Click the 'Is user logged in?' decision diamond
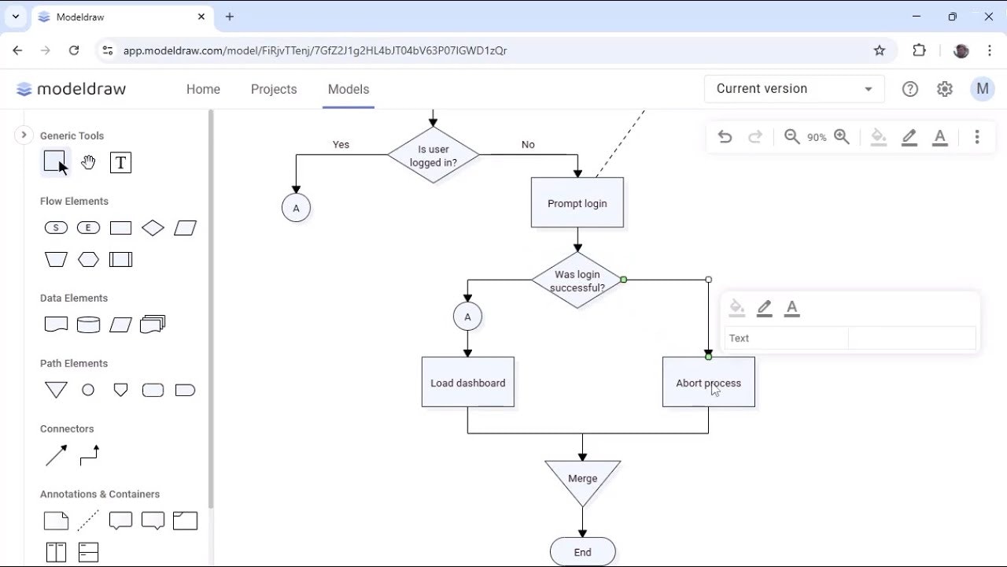point(433,155)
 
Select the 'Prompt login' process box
point(577,203)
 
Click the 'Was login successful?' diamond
point(577,280)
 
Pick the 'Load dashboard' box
point(467,383)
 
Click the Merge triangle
point(582,479)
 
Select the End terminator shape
point(582,552)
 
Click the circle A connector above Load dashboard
point(467,317)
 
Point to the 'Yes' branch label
point(341,145)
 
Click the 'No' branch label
point(528,145)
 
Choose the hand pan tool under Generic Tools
point(88,163)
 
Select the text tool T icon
point(120,163)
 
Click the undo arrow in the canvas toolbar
point(725,137)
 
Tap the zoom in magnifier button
point(842,137)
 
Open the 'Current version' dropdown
point(794,89)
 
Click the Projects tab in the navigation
point(274,89)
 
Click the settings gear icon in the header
point(945,89)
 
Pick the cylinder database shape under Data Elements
point(88,324)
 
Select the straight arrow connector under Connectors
point(56,455)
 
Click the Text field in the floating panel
point(785,339)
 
